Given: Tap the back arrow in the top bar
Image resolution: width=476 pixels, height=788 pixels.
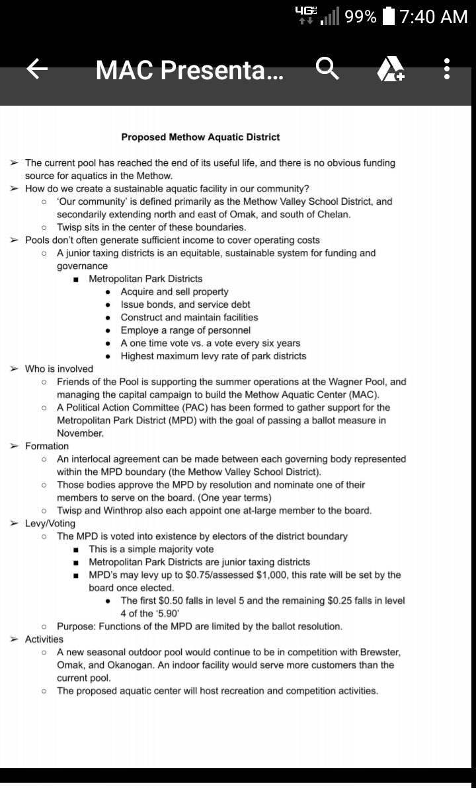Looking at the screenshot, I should point(38,69).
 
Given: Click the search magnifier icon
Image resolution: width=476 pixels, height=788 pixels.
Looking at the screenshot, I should point(328,69).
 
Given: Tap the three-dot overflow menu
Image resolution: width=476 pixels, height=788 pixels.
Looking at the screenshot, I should point(448,69).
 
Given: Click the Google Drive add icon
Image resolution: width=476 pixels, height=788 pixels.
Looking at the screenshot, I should point(391,69).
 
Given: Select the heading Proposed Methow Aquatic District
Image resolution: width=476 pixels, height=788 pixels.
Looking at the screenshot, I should point(200,137).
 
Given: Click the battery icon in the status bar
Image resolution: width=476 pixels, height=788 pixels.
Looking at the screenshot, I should point(389,16).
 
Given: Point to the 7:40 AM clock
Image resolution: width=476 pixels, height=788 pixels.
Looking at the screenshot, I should point(434,16).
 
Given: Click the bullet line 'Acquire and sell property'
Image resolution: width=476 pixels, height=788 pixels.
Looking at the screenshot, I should point(175,291).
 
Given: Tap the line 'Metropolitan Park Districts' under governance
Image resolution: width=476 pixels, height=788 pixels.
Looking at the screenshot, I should point(145,279).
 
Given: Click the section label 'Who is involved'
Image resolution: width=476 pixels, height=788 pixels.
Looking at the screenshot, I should point(59,369).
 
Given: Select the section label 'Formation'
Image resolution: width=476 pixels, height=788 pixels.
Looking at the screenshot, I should point(46,446).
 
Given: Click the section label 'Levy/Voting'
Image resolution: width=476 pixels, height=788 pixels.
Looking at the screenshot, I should point(50,523).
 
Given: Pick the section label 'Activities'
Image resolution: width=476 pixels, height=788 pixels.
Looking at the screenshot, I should point(44,639).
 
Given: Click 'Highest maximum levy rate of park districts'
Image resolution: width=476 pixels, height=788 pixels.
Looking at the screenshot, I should point(214,356).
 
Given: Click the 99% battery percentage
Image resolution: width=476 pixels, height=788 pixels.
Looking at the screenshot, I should point(360,16).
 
